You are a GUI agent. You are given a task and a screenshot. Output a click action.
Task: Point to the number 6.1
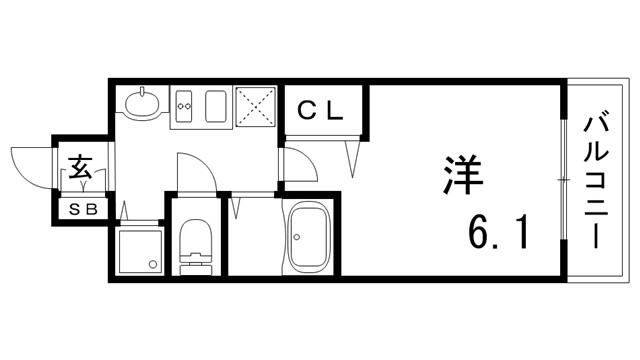[496, 236]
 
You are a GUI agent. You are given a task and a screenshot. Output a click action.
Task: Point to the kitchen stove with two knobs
[185, 105]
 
